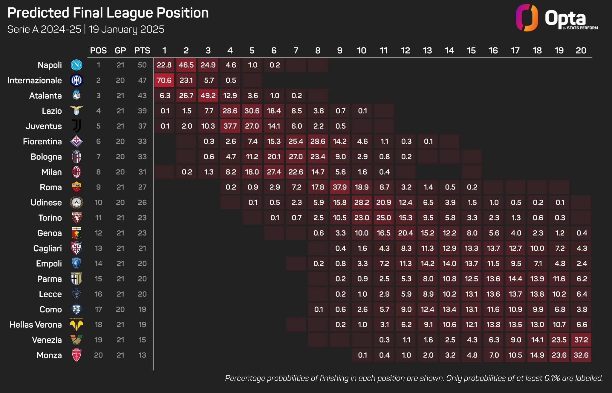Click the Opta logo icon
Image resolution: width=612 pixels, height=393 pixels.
point(527,18)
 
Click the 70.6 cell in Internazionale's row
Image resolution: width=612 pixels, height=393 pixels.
point(164,80)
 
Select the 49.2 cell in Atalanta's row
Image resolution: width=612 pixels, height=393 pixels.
point(208,95)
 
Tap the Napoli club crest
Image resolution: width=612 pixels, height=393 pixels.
point(76,65)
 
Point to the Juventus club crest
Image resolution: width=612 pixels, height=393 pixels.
point(76,126)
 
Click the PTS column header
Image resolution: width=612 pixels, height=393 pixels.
point(142,50)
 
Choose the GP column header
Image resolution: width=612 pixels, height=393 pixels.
point(120,50)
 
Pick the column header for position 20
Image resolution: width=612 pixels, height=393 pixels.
point(581,50)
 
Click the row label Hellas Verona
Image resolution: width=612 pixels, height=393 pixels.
point(36,325)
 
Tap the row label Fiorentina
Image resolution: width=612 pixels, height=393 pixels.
point(42,141)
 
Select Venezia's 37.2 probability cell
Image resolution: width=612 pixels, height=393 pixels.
point(581,340)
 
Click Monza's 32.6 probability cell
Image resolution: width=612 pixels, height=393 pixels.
point(581,355)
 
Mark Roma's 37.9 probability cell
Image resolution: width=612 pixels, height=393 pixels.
point(340,187)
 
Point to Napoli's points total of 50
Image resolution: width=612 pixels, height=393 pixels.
point(142,65)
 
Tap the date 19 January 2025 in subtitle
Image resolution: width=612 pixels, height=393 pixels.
point(126,29)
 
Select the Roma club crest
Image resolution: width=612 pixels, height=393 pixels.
point(76,187)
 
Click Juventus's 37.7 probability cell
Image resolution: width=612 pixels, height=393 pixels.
point(230,126)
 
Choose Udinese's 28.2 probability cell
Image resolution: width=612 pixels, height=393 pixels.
point(362,202)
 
